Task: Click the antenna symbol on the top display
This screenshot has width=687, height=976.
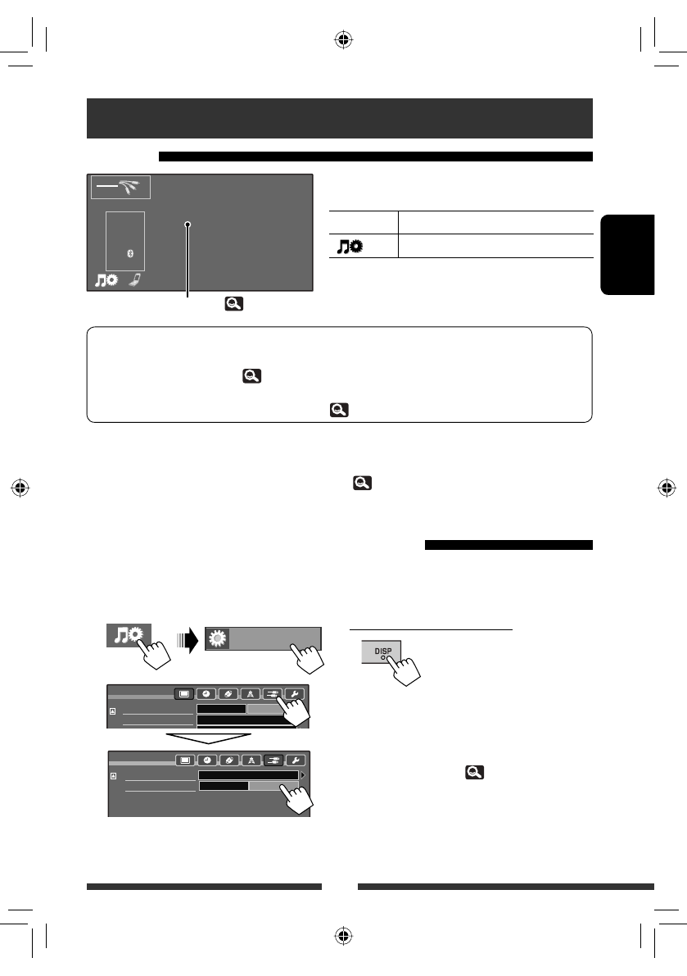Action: (129, 188)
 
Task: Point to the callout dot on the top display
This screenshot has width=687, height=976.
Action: (188, 225)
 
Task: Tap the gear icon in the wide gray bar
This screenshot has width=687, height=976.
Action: (217, 638)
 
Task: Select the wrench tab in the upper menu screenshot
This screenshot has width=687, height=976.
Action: (294, 692)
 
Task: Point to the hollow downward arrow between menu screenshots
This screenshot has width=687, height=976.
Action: (207, 737)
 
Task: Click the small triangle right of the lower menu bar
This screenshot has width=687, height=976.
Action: (304, 774)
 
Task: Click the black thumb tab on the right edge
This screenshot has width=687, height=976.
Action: (628, 254)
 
